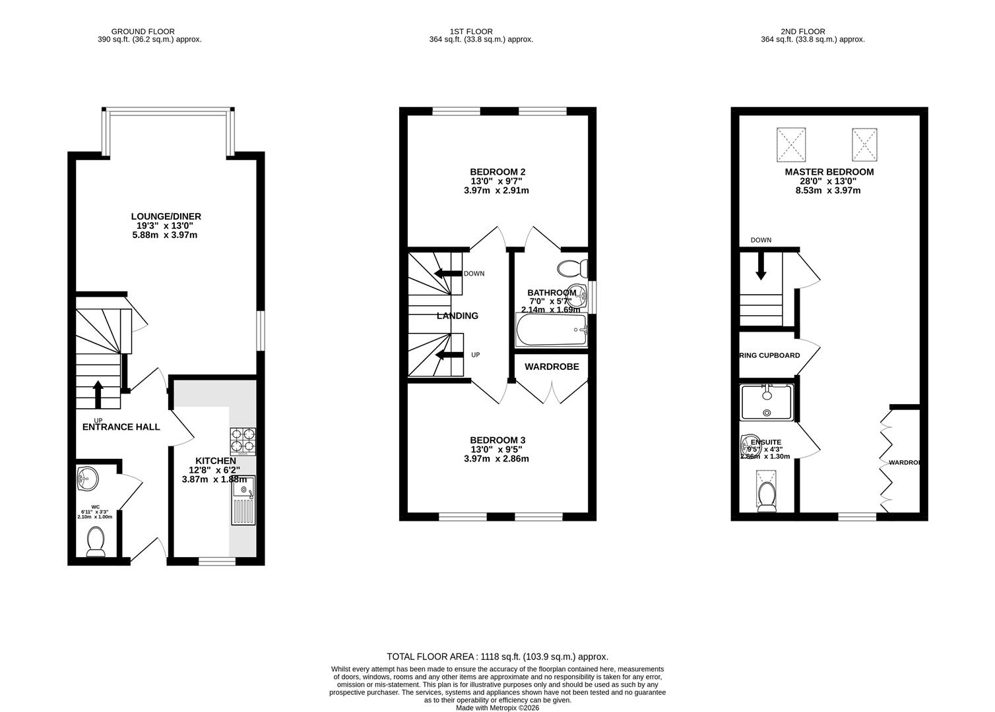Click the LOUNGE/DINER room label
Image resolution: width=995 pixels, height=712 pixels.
click(166, 216)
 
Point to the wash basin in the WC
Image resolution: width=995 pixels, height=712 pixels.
click(86, 477)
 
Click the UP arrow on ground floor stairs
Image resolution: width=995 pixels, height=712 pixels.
click(98, 394)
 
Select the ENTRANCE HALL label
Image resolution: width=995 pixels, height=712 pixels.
click(121, 427)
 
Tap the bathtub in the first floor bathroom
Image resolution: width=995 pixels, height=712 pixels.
click(551, 330)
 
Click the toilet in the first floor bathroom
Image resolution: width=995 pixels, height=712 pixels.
click(572, 268)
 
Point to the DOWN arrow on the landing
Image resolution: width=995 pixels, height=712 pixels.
click(447, 274)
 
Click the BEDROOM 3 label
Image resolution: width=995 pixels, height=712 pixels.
click(497, 440)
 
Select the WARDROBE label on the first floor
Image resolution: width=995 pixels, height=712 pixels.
click(552, 367)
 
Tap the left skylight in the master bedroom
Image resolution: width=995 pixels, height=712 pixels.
click(790, 144)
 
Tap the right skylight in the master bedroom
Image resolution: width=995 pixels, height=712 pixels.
click(863, 144)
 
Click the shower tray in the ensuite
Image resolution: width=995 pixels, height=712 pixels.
click(767, 402)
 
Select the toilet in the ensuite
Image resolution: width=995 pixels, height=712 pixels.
click(767, 496)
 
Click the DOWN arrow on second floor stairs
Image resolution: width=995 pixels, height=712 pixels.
click(761, 267)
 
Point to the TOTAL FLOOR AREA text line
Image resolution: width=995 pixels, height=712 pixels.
click(497, 657)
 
